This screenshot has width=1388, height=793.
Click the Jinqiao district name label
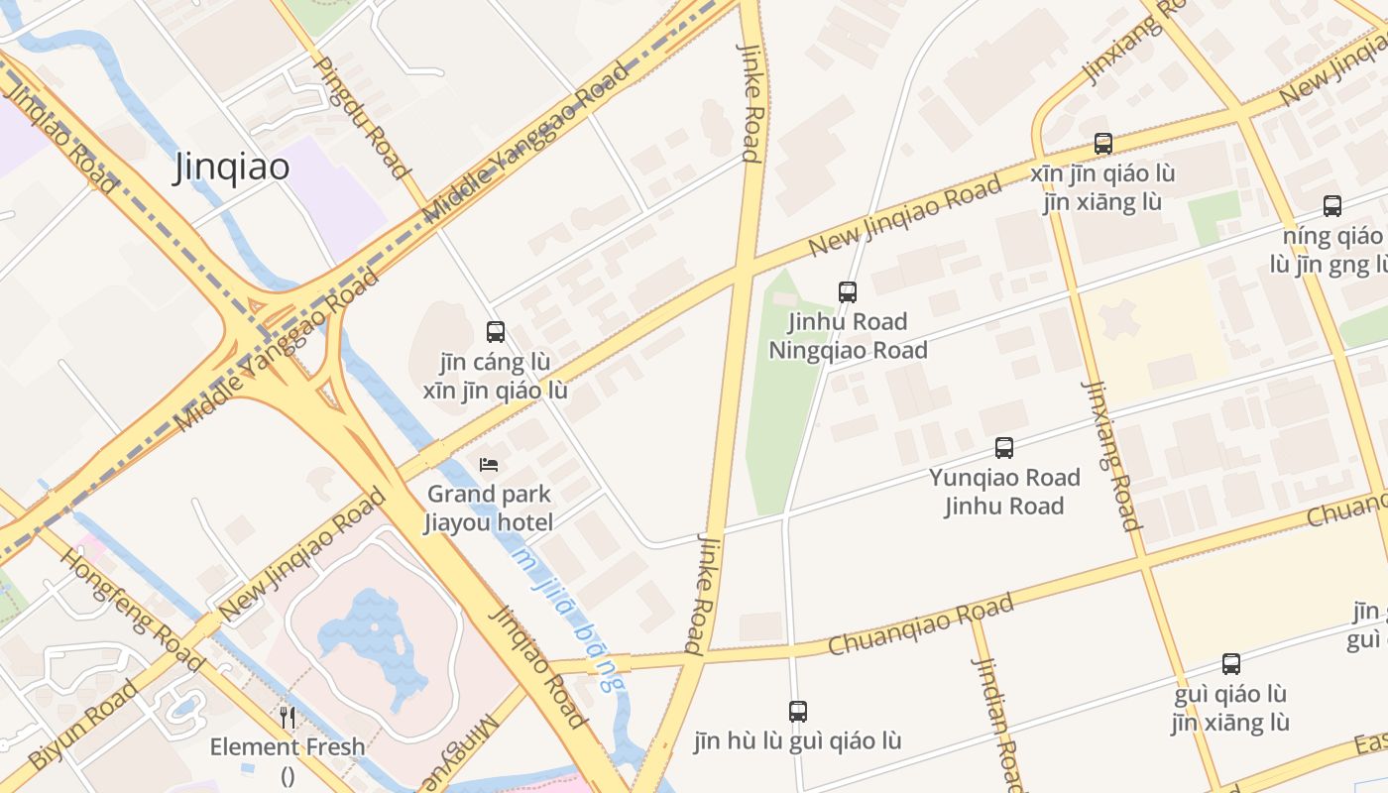(232, 168)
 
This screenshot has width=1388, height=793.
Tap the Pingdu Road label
(362, 117)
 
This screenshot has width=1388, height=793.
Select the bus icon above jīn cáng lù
(496, 332)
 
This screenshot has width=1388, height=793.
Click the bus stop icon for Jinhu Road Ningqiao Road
(848, 291)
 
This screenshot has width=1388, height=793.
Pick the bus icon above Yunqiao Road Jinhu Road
(1004, 448)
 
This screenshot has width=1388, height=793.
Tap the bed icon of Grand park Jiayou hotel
(489, 464)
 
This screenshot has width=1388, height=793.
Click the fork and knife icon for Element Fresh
(288, 717)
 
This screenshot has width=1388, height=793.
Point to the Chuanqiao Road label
(921, 624)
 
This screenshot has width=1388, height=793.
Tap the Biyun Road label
(83, 726)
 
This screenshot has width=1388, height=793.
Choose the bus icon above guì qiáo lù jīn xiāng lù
(1231, 664)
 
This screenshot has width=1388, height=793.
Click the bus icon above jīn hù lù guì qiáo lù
(798, 711)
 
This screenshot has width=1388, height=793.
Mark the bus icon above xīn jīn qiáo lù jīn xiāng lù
(1103, 144)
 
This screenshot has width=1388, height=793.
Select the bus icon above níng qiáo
(1332, 206)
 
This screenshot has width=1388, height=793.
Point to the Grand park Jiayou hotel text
(489, 508)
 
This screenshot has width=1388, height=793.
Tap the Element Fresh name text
(288, 746)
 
